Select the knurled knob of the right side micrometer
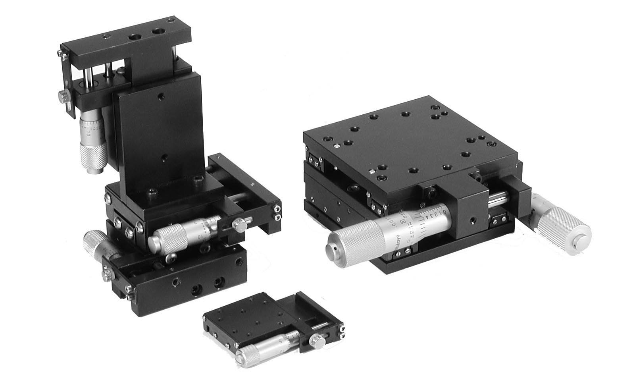click(x=564, y=230)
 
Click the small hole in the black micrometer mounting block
click(x=472, y=219)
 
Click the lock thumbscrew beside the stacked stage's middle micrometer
click(x=239, y=225)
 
